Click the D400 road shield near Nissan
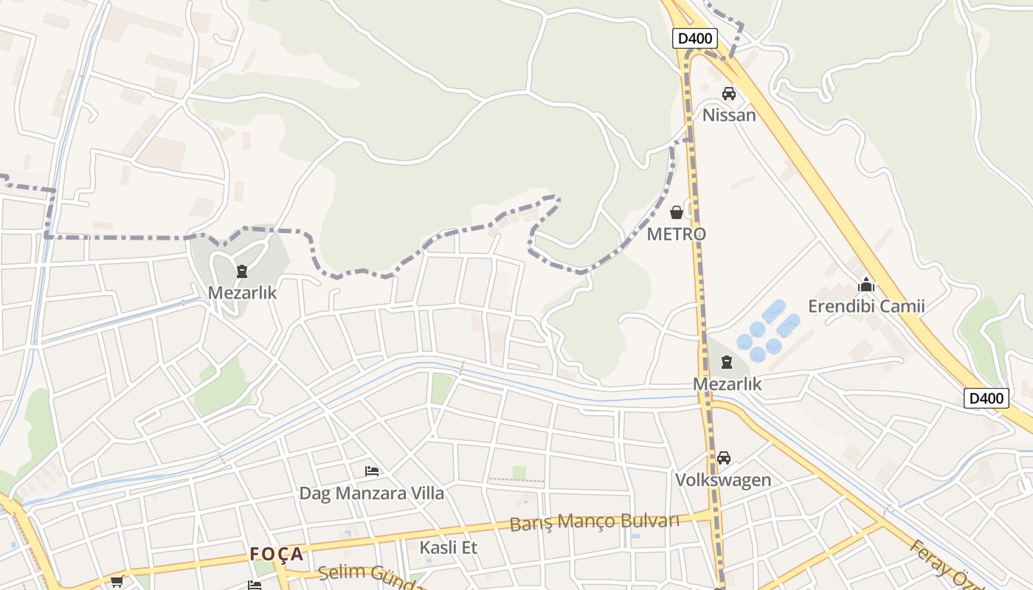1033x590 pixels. (x=695, y=38)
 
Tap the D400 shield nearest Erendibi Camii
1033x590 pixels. (x=986, y=399)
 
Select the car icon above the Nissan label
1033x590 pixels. (x=729, y=94)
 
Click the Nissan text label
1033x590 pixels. (x=729, y=115)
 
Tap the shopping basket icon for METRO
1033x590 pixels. (x=676, y=213)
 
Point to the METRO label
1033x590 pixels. (x=676, y=234)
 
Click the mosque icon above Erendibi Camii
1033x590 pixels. (x=866, y=285)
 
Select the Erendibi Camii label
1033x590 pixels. (x=866, y=306)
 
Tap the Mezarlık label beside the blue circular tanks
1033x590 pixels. (x=727, y=384)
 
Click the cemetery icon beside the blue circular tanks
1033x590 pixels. (x=727, y=362)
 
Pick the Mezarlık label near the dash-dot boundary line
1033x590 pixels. (x=242, y=293)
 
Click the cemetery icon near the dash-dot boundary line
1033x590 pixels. (x=242, y=271)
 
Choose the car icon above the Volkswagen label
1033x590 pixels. (x=723, y=458)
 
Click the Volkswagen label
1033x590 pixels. (x=723, y=480)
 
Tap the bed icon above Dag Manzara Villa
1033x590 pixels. (x=372, y=471)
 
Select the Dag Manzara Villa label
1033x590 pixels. (x=372, y=493)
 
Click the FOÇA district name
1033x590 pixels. (x=277, y=554)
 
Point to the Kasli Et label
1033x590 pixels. (x=449, y=548)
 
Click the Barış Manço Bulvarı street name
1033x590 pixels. (x=594, y=522)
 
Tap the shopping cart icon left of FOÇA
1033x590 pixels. (x=117, y=582)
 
